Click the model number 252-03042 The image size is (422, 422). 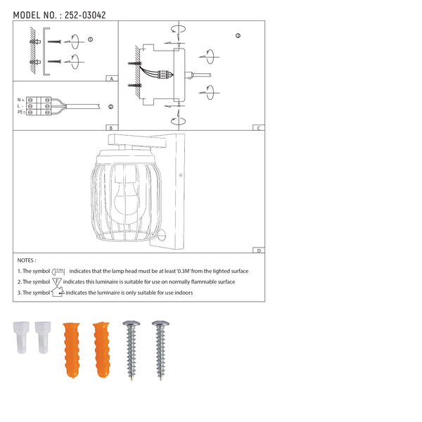85,15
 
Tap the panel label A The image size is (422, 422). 112,79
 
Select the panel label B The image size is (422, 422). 111,128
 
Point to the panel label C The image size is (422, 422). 259,128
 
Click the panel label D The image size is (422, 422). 259,250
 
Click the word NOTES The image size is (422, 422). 26,260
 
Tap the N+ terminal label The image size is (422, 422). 20,100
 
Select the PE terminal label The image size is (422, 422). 21,112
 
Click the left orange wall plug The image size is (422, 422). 72,350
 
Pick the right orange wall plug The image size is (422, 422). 101,350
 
